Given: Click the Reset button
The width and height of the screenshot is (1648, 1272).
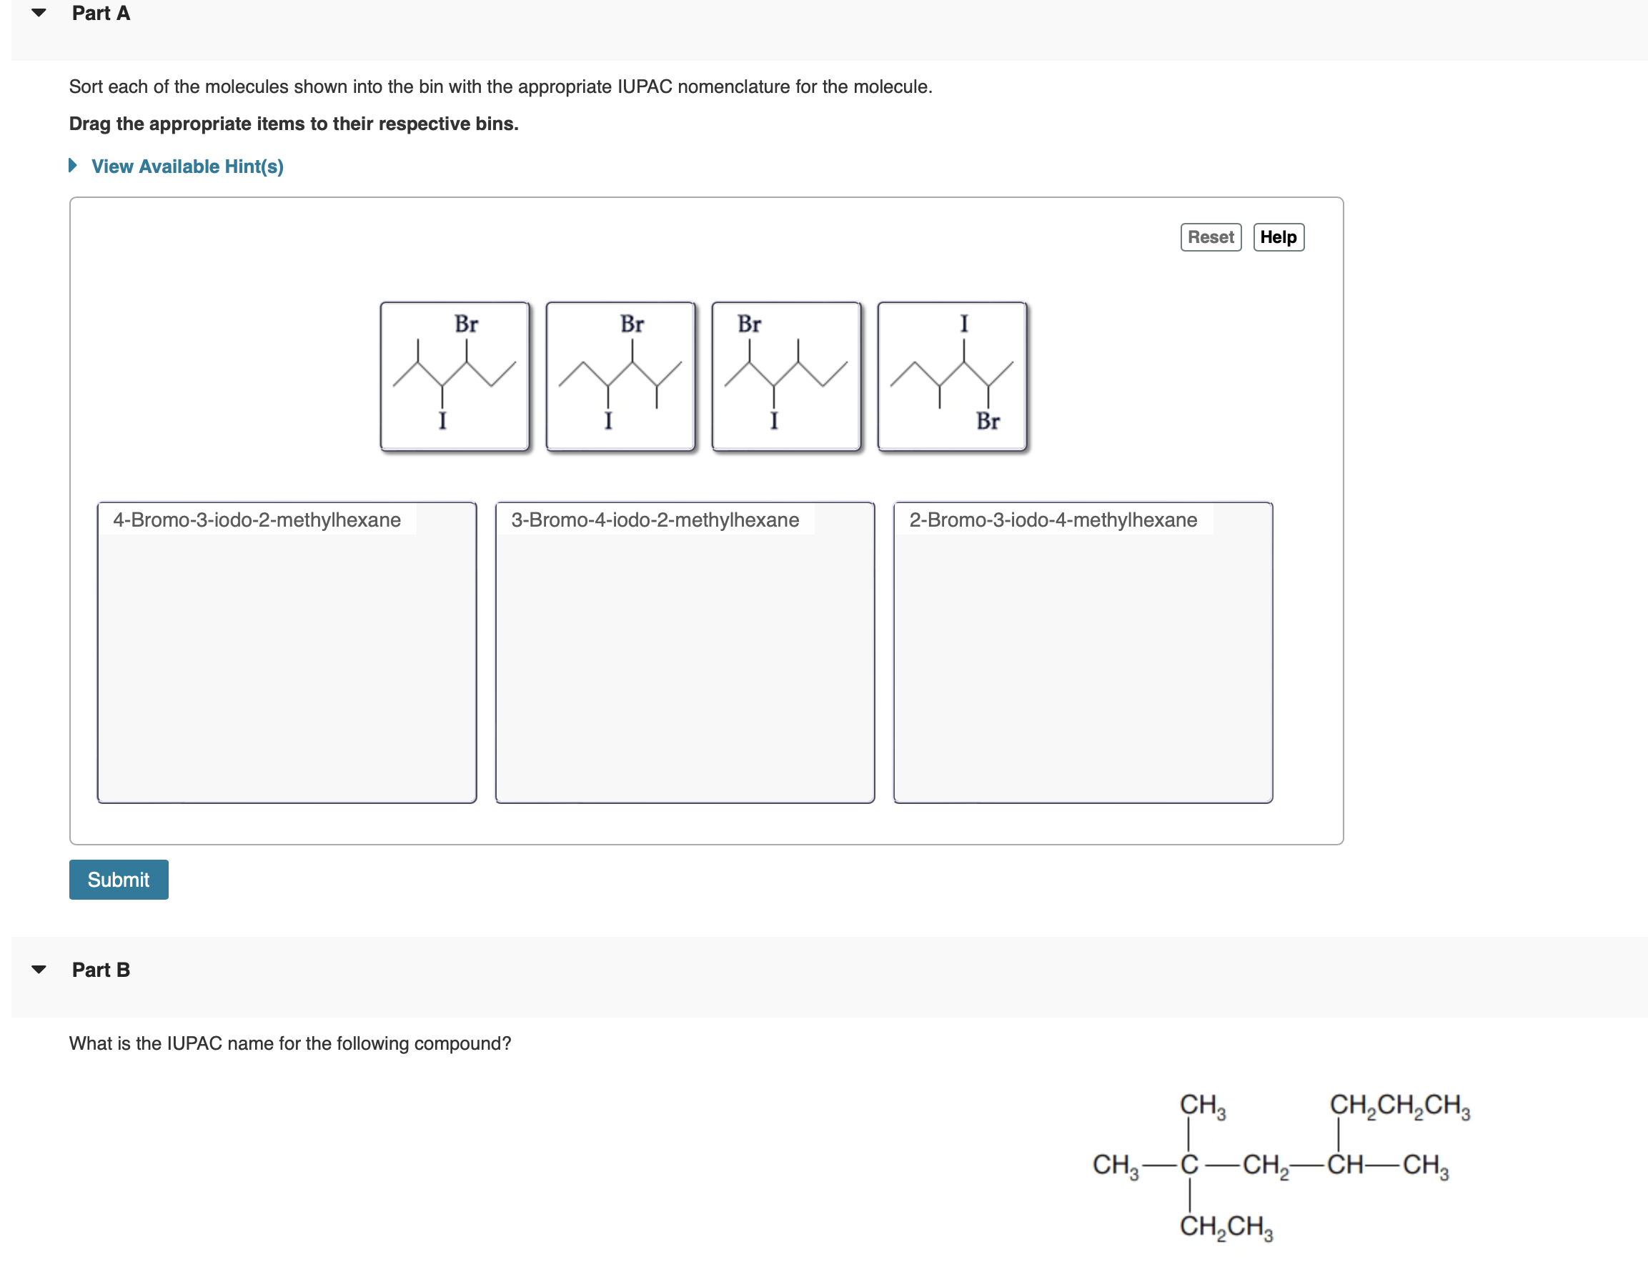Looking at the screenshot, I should [1210, 237].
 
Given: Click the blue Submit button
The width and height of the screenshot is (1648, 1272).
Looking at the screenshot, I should [119, 879].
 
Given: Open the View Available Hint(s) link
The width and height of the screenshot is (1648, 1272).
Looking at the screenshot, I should [187, 166].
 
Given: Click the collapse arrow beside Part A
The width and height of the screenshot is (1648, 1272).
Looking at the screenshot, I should [39, 13].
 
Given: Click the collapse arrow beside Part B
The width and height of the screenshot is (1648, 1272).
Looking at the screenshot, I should [39, 970].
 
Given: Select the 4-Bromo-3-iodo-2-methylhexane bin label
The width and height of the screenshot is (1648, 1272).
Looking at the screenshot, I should [257, 520].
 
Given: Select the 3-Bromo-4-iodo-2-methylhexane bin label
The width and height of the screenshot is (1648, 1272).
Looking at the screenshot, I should [654, 520].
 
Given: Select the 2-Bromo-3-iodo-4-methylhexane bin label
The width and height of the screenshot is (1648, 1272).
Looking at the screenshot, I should [1053, 520].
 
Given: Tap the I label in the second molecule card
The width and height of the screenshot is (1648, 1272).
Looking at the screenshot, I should [608, 421].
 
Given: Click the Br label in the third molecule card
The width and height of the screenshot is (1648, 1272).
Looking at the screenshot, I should [748, 324].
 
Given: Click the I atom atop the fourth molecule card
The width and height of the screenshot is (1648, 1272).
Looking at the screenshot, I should [963, 324].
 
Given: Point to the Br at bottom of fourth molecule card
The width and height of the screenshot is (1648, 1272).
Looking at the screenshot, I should [988, 421].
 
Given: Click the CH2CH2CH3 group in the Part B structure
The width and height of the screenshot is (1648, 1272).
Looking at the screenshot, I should [1399, 1105].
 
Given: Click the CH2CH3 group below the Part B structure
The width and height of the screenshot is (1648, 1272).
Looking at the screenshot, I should [1226, 1227].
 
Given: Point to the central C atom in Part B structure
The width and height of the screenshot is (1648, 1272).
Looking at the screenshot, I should [1189, 1165].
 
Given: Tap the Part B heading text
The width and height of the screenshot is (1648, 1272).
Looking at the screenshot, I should [101, 970].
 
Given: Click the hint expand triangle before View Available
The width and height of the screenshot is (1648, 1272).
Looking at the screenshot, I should [73, 165].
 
